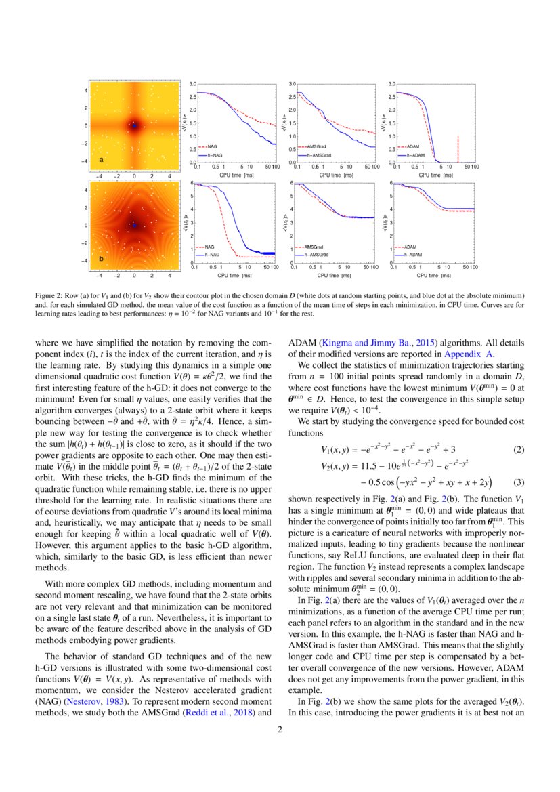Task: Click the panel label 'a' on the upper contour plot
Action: [x=101, y=159]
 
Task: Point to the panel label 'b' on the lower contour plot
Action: [x=101, y=259]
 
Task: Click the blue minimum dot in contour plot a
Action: [x=134, y=126]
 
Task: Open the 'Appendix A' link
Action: [x=474, y=353]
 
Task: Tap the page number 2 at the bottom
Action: [x=280, y=730]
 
